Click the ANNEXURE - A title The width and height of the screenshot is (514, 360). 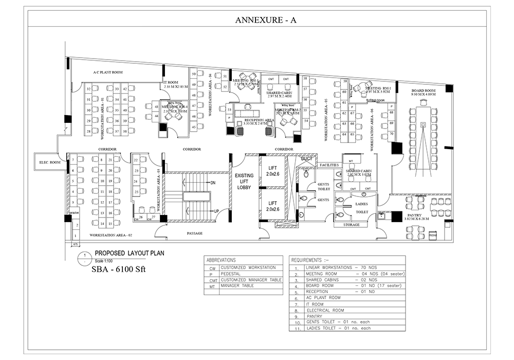click(266, 20)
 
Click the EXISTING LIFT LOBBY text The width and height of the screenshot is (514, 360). click(244, 182)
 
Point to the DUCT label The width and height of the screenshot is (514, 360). click(307, 159)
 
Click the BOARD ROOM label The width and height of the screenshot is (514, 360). click(423, 92)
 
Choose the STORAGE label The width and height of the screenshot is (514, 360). click(351, 225)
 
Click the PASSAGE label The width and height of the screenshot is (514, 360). click(194, 233)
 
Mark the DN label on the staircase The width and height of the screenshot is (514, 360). click(212, 183)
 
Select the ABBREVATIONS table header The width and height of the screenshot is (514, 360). click(221, 260)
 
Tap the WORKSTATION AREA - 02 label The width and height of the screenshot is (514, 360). click(111, 235)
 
